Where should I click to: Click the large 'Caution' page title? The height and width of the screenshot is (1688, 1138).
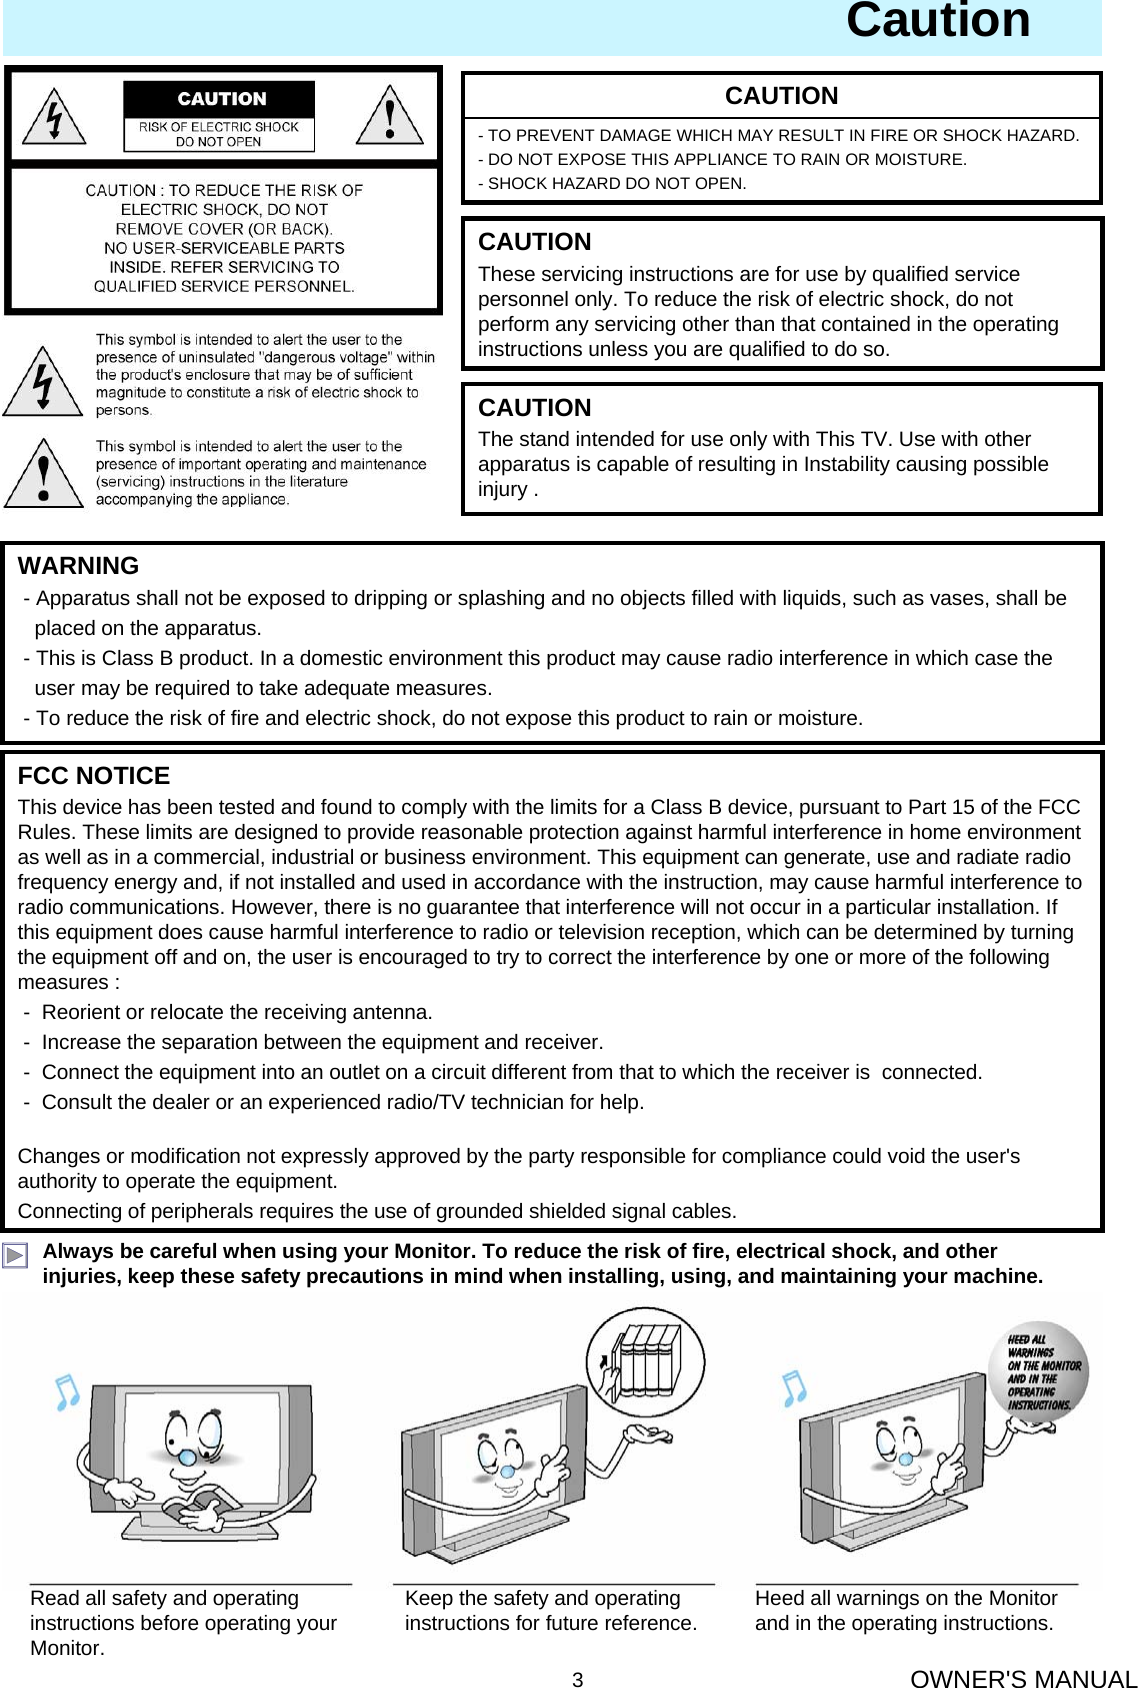tap(937, 22)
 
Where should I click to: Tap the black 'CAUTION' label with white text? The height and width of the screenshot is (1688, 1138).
tap(221, 99)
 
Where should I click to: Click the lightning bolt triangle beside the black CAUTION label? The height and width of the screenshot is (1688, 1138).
tap(55, 118)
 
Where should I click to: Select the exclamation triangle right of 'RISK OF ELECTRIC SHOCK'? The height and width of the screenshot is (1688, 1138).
tap(390, 118)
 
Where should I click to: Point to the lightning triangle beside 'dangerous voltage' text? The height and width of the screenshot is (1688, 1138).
tap(42, 383)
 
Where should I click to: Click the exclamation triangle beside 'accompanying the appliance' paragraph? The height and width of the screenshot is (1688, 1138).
tap(42, 475)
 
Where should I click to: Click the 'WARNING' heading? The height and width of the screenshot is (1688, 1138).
tap(78, 566)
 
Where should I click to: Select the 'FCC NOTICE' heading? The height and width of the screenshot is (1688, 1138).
tap(94, 776)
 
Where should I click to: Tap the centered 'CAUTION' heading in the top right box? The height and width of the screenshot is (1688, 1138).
tap(781, 96)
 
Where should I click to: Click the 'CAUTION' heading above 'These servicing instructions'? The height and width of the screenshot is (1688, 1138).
tap(534, 242)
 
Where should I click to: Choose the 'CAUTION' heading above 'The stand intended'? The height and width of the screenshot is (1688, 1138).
tap(534, 408)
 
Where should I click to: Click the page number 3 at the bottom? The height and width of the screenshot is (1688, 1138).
tap(577, 1680)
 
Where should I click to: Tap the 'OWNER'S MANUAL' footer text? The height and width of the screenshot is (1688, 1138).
tap(1023, 1679)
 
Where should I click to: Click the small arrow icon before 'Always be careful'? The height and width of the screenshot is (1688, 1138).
tap(15, 1256)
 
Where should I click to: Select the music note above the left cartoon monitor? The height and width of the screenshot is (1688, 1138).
tap(67, 1391)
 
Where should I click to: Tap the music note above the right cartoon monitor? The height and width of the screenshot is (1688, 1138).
tap(794, 1388)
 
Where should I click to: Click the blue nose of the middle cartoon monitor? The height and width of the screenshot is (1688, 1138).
tap(508, 1471)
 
